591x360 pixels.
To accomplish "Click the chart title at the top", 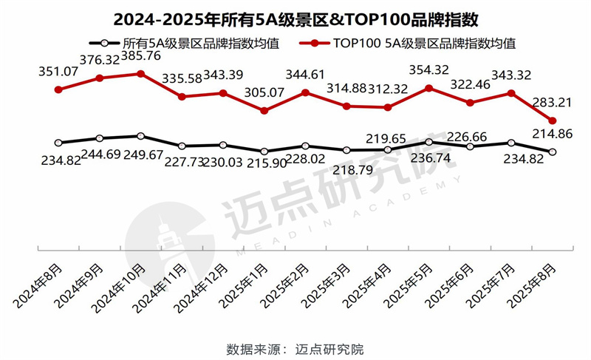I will point(295,16).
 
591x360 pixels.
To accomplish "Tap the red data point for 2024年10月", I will point(140,73).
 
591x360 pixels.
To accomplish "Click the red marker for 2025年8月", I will point(550,121).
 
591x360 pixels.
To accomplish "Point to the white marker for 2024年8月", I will point(58,143).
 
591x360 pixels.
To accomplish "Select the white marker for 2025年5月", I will point(428,142).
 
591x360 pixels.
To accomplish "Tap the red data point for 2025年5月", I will point(428,88).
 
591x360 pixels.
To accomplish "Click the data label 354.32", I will point(430,71).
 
